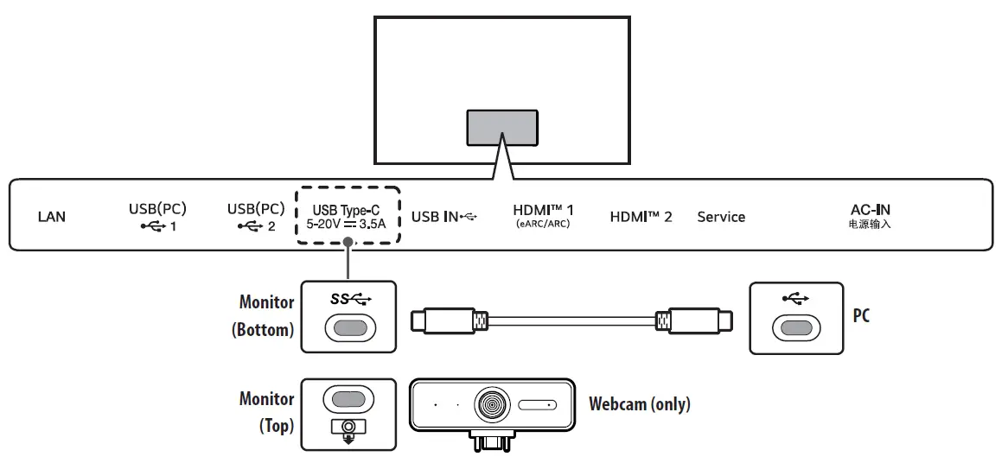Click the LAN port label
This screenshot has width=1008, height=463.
(52, 217)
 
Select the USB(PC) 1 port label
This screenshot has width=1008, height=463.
(157, 217)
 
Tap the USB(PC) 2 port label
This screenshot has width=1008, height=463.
(256, 217)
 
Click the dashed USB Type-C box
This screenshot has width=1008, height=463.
(348, 215)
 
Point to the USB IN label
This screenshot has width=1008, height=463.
(443, 217)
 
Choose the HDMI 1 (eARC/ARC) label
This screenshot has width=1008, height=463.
(543, 215)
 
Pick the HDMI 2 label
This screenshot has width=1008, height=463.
(641, 217)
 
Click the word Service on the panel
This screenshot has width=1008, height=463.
(721, 217)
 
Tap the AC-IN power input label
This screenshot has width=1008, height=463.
(870, 215)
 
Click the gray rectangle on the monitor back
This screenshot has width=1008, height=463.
(502, 127)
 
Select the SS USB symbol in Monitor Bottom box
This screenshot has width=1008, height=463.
(350, 299)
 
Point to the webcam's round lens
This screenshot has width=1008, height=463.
(490, 404)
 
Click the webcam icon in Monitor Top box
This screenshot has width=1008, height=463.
(348, 428)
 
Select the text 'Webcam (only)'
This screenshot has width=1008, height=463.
(639, 403)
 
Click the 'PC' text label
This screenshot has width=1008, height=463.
(861, 316)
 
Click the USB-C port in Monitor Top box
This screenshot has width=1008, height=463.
(348, 399)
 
